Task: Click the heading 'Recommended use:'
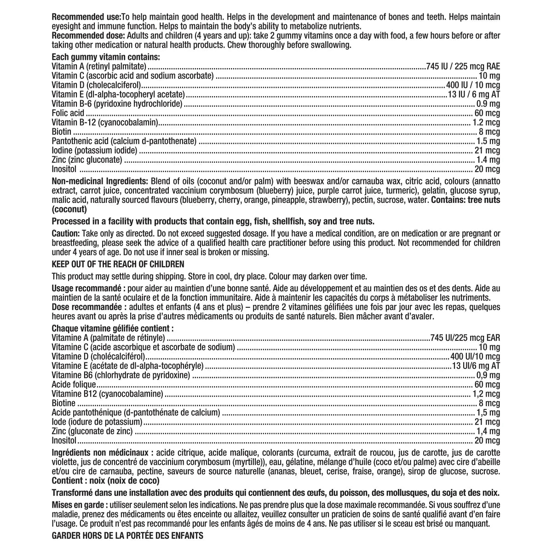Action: pos(86,17)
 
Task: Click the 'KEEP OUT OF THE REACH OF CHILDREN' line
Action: pos(118,264)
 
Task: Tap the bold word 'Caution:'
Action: pos(66,234)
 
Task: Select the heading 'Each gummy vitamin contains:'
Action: pos(106,57)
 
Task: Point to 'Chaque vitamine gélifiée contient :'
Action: pos(113,329)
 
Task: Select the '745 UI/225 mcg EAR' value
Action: pos(465,338)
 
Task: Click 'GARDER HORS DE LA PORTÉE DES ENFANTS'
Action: pos(127,536)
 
